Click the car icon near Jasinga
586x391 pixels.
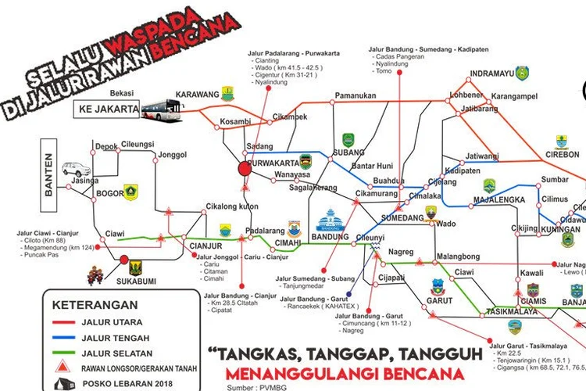click(77, 169)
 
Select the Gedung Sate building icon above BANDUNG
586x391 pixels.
click(329, 220)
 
